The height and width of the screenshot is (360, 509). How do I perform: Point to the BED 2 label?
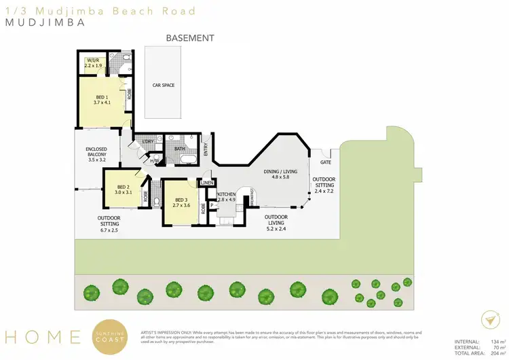point(123,190)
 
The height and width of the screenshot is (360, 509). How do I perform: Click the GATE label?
point(326,162)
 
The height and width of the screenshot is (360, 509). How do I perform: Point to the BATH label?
point(180,148)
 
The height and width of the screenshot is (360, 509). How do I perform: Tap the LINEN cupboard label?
point(208,183)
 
